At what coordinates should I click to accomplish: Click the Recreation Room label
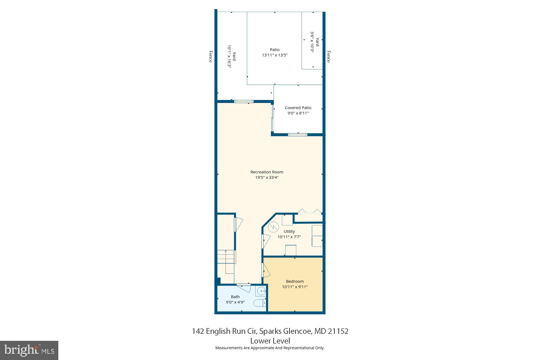pyautogui.click(x=267, y=172)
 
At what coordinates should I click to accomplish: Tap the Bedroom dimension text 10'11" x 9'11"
pyautogui.click(x=295, y=287)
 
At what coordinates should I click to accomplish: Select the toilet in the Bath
pyautogui.click(x=260, y=303)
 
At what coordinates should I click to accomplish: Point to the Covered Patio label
pyautogui.click(x=298, y=108)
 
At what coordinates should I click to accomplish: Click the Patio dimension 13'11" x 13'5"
pyautogui.click(x=275, y=55)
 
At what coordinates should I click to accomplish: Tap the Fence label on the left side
pyautogui.click(x=211, y=57)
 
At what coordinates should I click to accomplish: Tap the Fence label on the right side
pyautogui.click(x=329, y=57)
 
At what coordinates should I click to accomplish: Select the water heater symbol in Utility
pyautogui.click(x=273, y=227)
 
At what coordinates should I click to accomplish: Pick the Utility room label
pyautogui.click(x=289, y=231)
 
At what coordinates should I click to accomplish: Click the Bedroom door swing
pyautogui.click(x=266, y=270)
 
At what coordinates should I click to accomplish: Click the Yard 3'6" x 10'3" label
pyautogui.click(x=315, y=42)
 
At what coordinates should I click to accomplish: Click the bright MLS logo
pyautogui.click(x=29, y=350)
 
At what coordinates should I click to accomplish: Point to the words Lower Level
pyautogui.click(x=270, y=341)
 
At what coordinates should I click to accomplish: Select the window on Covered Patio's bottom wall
pyautogui.click(x=297, y=134)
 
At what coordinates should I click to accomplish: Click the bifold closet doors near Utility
pyautogui.click(x=310, y=211)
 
